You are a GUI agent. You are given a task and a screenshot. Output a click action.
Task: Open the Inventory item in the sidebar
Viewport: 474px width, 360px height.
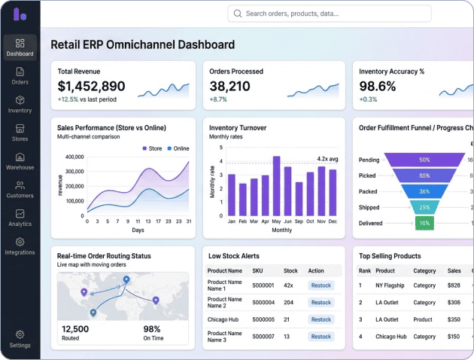pos(20,104)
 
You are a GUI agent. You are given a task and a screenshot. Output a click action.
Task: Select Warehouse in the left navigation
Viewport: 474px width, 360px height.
pos(20,161)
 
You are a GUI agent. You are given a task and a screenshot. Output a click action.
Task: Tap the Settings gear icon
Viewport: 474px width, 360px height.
pos(20,334)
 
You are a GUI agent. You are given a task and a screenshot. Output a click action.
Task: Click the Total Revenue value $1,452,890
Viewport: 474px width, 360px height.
pos(91,86)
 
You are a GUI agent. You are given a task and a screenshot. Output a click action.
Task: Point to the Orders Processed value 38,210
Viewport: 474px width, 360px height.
pos(229,86)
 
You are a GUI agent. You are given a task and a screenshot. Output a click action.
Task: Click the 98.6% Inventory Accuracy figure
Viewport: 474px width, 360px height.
pos(377,86)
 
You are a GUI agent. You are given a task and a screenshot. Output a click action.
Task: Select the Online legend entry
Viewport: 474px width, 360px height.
pos(178,148)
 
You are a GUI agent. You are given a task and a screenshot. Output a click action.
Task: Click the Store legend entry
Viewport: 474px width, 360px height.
pos(152,148)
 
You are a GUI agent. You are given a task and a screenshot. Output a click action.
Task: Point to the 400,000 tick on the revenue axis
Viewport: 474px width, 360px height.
pos(74,157)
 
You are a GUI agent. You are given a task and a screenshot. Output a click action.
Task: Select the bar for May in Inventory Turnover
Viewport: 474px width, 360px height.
pos(276,187)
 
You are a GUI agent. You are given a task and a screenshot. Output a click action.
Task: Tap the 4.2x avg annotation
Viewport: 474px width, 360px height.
pos(327,159)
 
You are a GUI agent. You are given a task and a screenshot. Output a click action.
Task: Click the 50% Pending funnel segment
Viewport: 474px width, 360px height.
pos(424,160)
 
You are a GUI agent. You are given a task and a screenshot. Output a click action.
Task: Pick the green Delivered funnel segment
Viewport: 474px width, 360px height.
pos(424,223)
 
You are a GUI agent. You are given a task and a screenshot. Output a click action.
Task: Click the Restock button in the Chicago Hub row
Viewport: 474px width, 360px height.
pos(321,319)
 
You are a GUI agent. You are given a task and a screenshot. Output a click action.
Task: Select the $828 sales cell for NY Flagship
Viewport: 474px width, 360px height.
pos(454,285)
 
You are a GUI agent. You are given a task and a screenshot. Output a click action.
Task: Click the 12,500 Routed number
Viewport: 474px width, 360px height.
pos(76,329)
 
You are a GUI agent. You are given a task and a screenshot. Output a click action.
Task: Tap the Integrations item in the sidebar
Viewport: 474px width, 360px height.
pos(20,246)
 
